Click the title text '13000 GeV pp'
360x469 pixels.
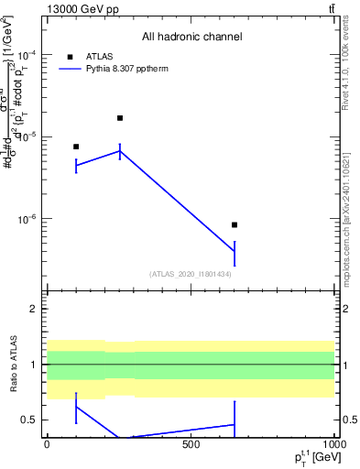pyautogui.click(x=80, y=8)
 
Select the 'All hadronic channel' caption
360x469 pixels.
pyautogui.click(x=191, y=38)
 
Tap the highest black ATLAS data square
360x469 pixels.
pyautogui.click(x=120, y=118)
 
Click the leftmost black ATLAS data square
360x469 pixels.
pyautogui.click(x=76, y=147)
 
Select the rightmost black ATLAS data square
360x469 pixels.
pyautogui.click(x=235, y=224)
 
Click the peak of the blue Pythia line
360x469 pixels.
pyautogui.click(x=120, y=151)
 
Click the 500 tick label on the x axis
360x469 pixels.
pyautogui.click(x=191, y=444)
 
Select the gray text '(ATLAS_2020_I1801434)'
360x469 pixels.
pyautogui.click(x=191, y=274)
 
